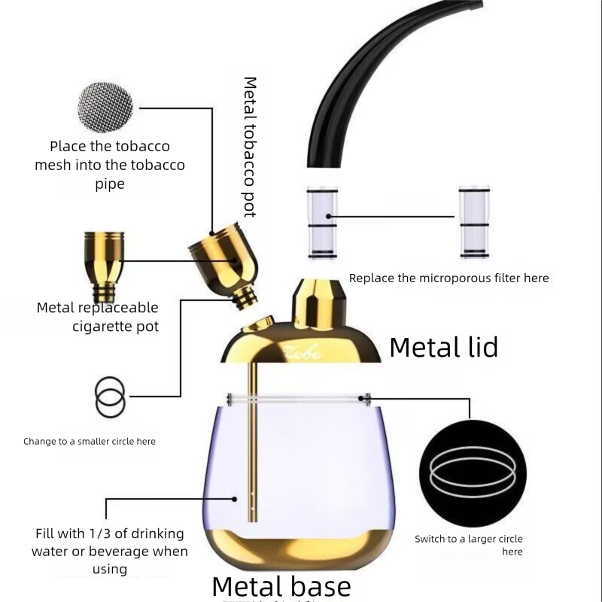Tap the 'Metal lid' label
[x=443, y=347]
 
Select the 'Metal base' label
[x=281, y=585]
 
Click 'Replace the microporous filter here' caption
[x=448, y=278]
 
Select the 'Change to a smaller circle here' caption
[x=90, y=441]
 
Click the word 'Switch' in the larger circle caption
[x=431, y=539]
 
